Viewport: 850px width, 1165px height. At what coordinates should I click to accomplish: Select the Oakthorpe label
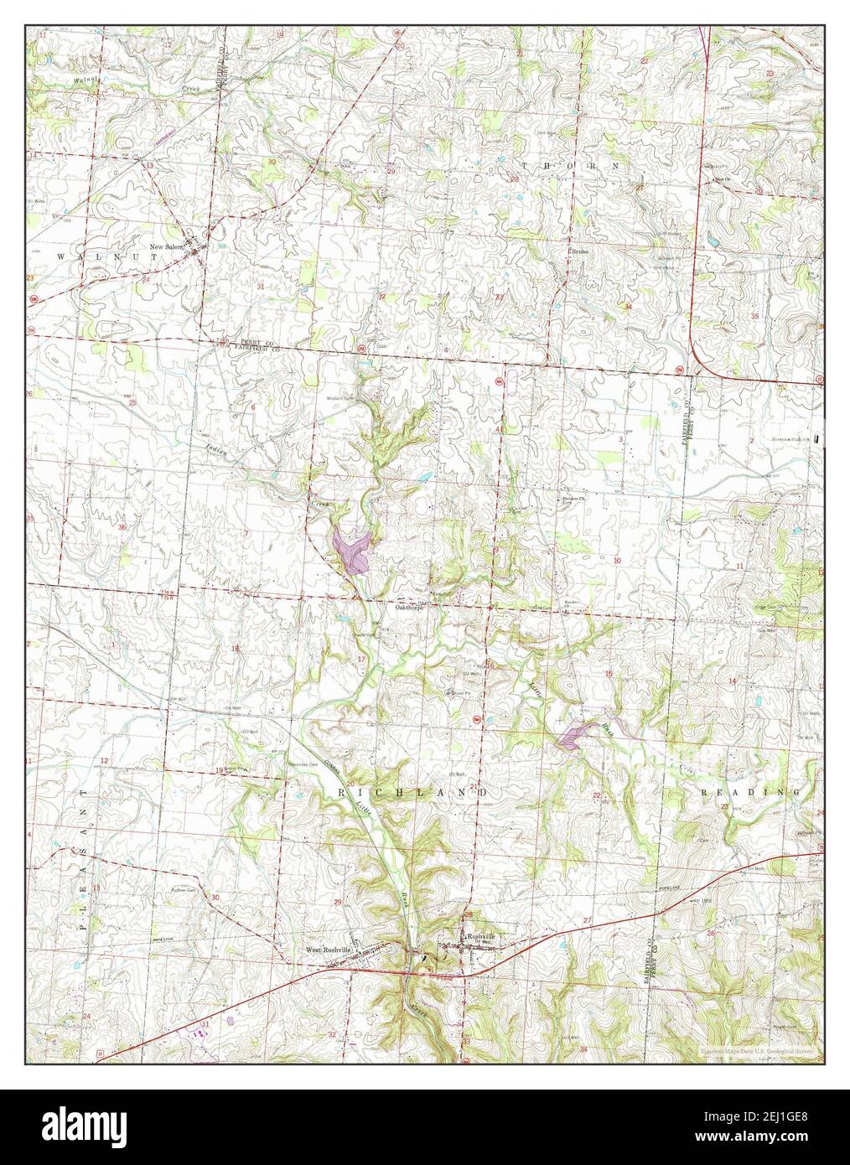pos(411,608)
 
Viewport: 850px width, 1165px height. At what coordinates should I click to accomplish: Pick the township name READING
pos(750,792)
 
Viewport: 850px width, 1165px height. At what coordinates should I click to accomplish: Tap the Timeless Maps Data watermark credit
pos(759,1050)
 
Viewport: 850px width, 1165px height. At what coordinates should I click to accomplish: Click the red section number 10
pos(617,560)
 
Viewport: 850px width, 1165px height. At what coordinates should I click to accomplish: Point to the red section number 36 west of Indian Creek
pos(122,527)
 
